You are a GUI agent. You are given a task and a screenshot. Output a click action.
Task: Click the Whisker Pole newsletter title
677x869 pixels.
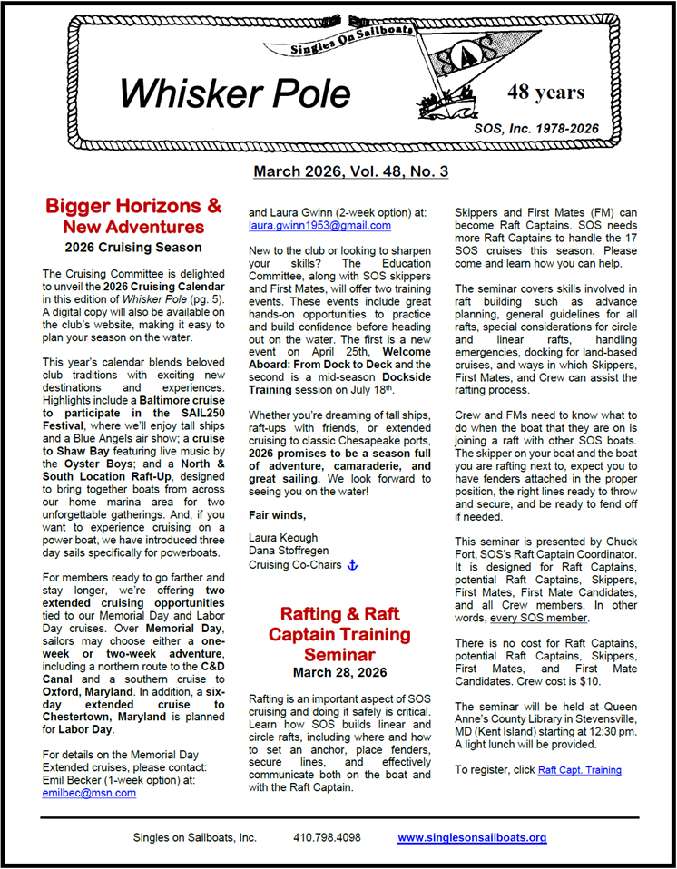[x=234, y=93]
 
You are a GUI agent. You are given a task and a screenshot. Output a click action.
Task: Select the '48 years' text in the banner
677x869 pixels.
[x=545, y=93]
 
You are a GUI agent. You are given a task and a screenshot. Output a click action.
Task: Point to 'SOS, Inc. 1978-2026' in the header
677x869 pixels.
[x=535, y=129]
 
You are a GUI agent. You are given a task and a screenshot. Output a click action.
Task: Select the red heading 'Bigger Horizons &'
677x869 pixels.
[x=133, y=206]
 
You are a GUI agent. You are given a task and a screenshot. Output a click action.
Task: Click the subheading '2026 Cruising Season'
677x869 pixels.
[x=133, y=246]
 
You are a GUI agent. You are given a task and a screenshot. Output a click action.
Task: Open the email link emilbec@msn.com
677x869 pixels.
[x=89, y=792]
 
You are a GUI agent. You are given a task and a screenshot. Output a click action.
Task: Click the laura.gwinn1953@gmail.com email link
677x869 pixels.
[x=319, y=225]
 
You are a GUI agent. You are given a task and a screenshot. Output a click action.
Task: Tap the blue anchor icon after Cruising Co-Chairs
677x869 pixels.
[x=353, y=565]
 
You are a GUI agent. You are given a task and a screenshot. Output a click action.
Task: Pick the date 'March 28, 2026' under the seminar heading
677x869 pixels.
[x=339, y=672]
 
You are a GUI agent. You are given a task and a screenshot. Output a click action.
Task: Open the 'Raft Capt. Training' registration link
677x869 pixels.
[x=579, y=770]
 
